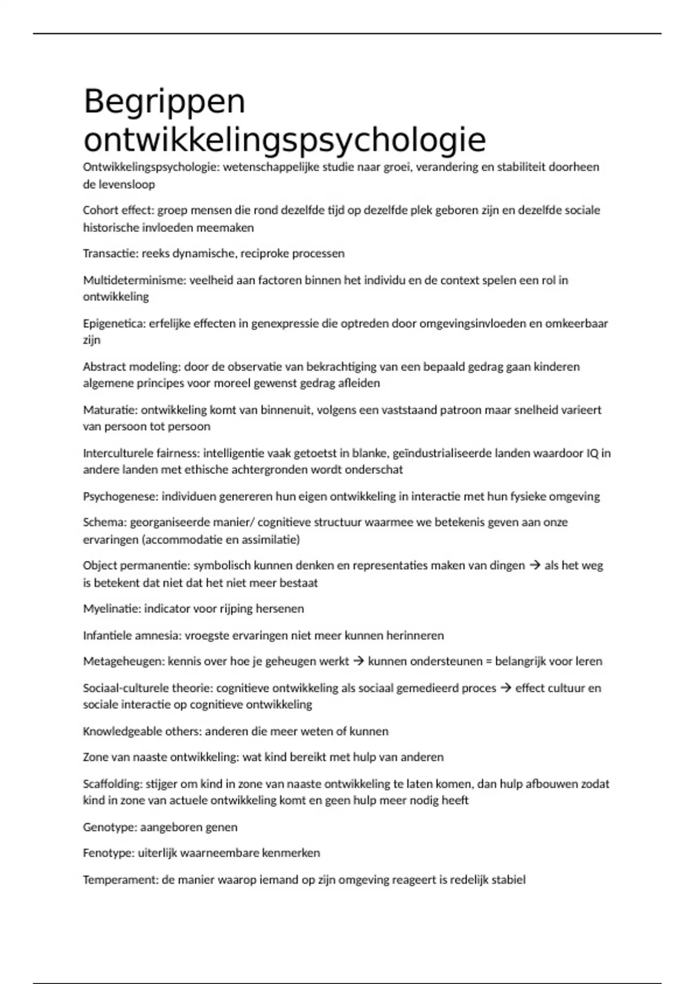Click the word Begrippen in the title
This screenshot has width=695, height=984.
[164, 102]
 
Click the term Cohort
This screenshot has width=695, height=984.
[101, 210]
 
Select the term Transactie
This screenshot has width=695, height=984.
[110, 254]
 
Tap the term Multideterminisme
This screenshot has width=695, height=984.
[134, 280]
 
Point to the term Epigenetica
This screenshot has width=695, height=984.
[114, 324]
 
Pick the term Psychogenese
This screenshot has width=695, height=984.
[120, 497]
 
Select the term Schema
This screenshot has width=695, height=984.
[104, 522]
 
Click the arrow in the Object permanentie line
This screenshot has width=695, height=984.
[535, 566]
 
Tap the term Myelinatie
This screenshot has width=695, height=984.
[112, 608]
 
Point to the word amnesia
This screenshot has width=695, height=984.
[158, 636]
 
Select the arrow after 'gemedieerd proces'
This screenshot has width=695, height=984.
[506, 688]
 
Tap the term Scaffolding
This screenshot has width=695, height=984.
[112, 784]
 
